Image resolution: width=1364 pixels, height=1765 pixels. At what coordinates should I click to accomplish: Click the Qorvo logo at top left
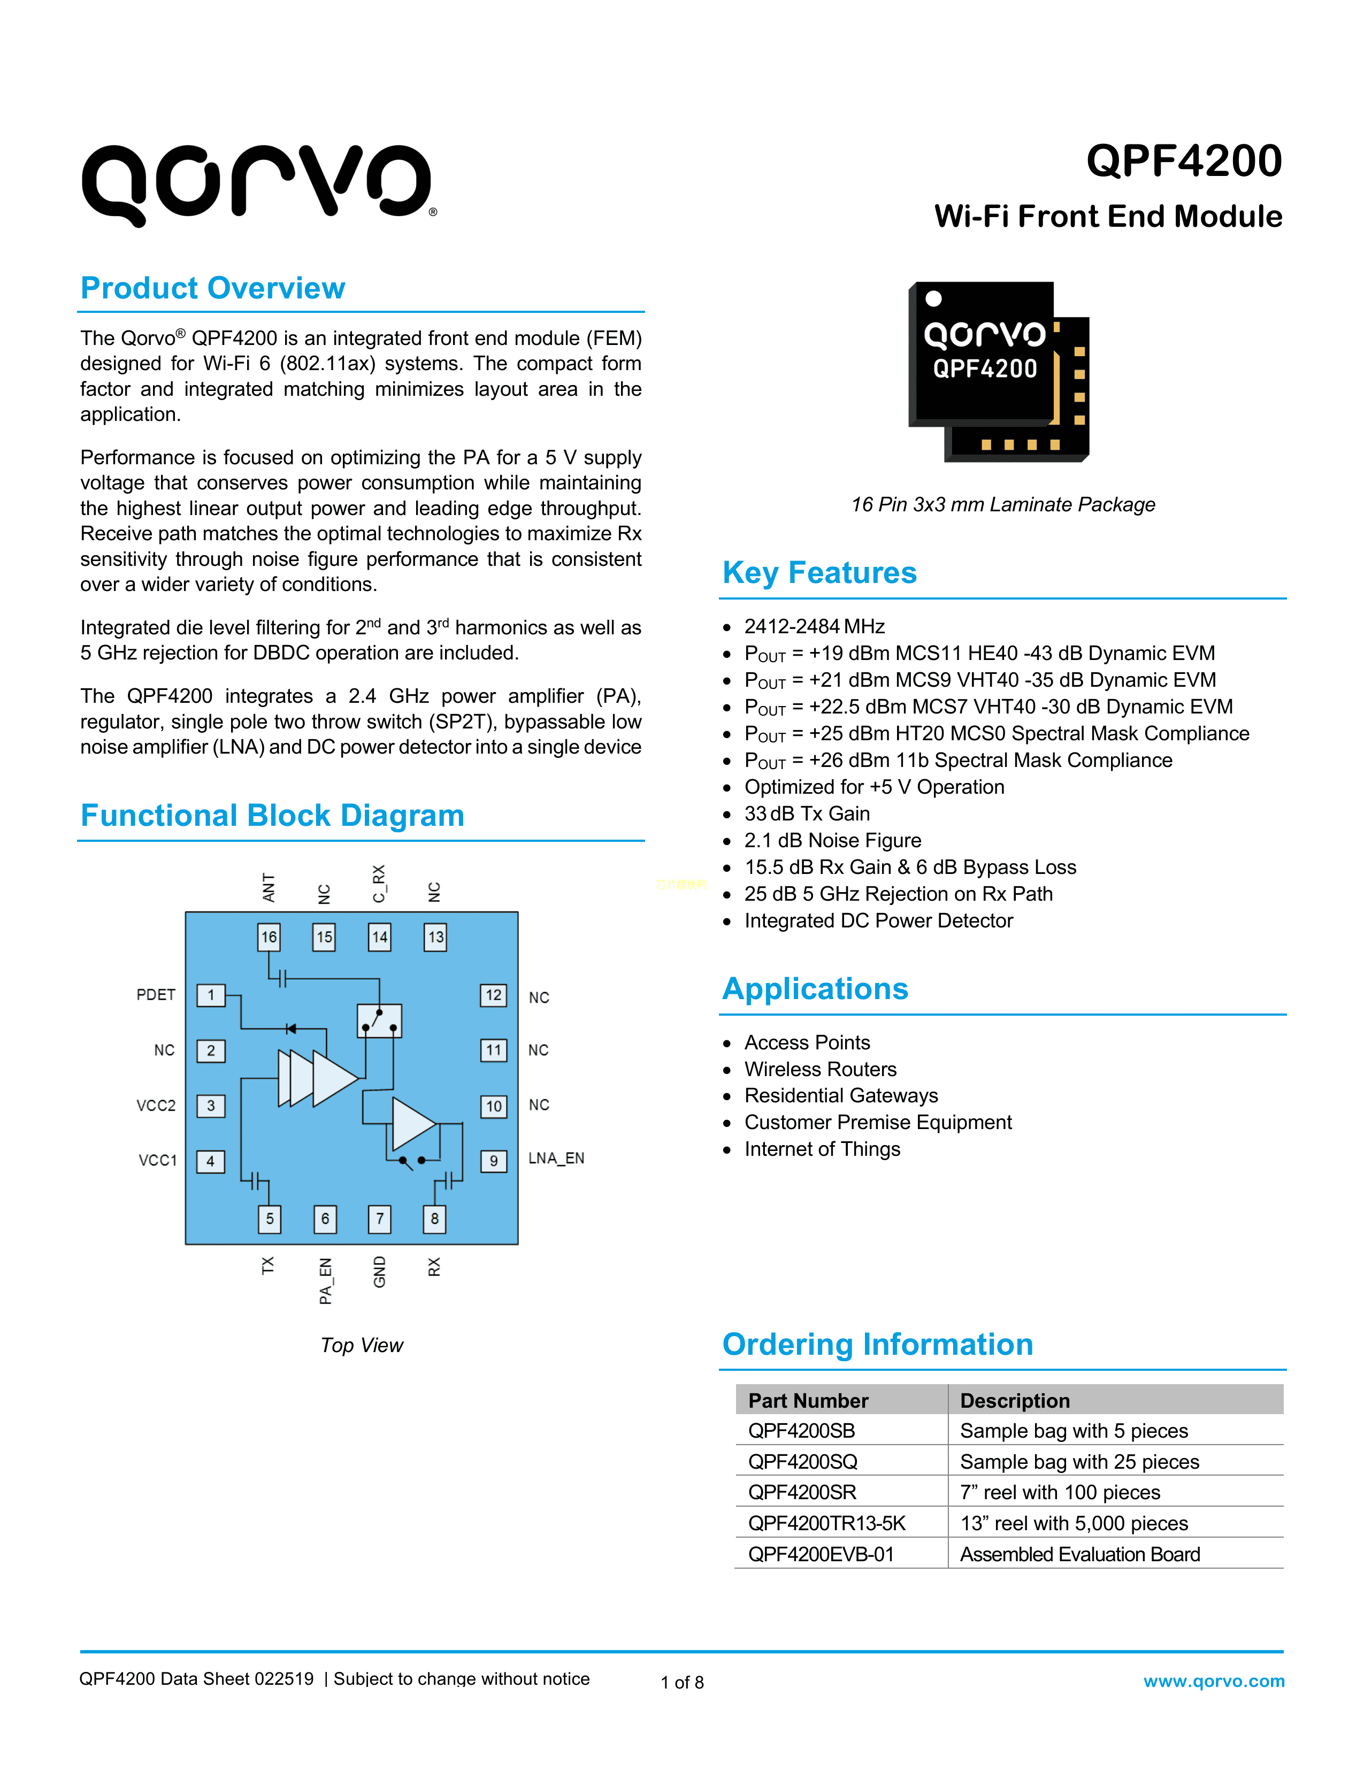pos(258,185)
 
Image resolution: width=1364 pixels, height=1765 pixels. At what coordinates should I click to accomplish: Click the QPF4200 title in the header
pos(1183,161)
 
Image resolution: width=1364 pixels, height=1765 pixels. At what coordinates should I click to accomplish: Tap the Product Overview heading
pos(212,288)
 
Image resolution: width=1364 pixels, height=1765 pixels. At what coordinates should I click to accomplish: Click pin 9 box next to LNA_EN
pos(494,1161)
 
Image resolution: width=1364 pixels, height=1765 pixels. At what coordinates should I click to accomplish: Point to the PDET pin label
pos(156,995)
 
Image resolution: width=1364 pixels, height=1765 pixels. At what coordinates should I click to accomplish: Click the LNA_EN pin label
pos(556,1158)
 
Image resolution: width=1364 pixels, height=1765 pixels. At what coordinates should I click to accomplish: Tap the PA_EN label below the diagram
pos(325,1281)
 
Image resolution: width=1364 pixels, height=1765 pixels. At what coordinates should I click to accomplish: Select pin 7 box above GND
pos(380,1219)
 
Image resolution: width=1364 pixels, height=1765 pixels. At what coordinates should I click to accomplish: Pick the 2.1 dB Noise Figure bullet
pos(832,840)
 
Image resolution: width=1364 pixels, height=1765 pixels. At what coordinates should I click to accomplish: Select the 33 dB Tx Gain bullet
pos(807,814)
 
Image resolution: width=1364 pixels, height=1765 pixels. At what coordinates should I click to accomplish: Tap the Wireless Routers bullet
pos(820,1069)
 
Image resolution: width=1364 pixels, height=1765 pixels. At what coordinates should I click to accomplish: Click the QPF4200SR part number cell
pos(802,1493)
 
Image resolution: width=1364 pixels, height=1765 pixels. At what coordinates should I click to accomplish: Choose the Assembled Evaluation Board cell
pos(1079,1554)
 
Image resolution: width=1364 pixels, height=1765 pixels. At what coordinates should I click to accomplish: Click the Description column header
pos(1015,1401)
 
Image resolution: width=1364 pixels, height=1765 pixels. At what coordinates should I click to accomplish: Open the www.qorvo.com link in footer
pos(1214,1681)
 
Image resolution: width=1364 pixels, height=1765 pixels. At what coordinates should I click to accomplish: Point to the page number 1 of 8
pos(682,1683)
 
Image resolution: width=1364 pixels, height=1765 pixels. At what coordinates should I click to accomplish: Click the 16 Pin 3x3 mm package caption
pos(1003,504)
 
